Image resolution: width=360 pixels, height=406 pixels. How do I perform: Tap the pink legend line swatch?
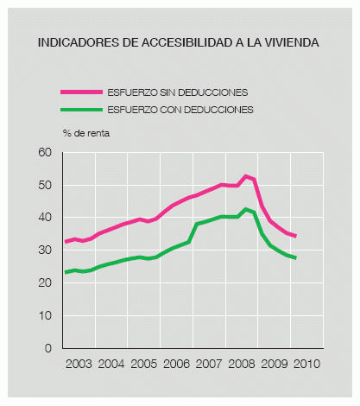(x=80, y=92)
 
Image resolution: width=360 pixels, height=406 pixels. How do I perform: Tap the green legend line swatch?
(x=80, y=109)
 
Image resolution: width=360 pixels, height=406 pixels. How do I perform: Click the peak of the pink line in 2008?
(x=247, y=175)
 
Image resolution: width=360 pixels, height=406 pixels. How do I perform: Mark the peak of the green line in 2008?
(x=247, y=209)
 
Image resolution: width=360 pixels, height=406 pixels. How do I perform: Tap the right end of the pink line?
(x=296, y=236)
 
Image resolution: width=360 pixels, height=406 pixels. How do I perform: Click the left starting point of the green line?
(x=65, y=272)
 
